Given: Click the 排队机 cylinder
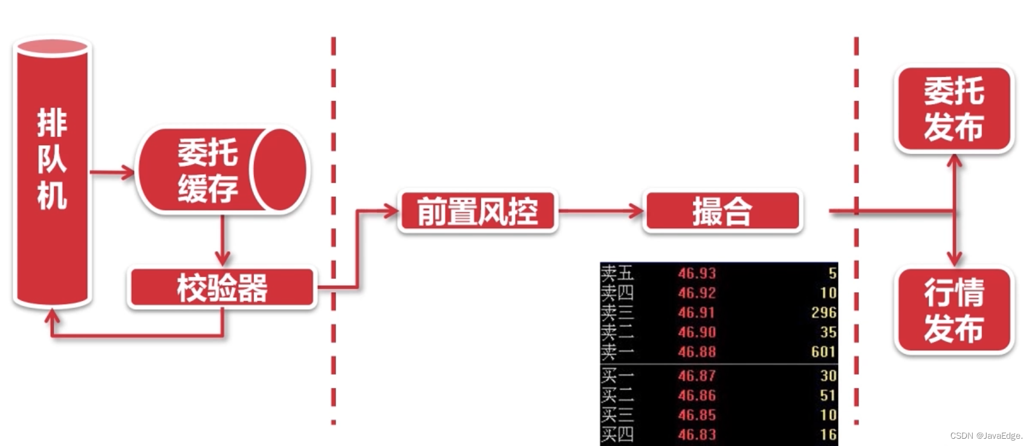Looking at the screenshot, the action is point(52,172).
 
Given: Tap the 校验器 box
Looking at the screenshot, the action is point(222,288).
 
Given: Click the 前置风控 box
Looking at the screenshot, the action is point(477,212).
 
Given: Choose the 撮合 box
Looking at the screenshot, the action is point(722,212).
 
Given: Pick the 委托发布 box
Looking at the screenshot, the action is point(953,110).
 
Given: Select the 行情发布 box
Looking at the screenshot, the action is point(953,311).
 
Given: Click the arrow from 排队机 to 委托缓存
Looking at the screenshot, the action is point(112,172).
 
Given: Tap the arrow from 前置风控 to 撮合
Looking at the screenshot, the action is point(601,212).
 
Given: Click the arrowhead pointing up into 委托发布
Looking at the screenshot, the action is point(954,160).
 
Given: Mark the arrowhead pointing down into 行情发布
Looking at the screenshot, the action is point(954,259).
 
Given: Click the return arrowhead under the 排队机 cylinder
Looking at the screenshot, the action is point(53,316).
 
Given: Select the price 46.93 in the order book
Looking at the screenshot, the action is point(696,274).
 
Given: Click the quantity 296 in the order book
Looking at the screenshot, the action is point(823,312).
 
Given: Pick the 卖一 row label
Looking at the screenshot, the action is point(617,352).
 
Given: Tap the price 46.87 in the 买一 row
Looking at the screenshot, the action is point(696,376).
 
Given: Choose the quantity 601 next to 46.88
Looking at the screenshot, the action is point(823,352).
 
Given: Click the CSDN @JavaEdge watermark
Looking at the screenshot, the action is point(986,436).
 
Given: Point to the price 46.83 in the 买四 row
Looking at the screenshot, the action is point(696,435).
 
